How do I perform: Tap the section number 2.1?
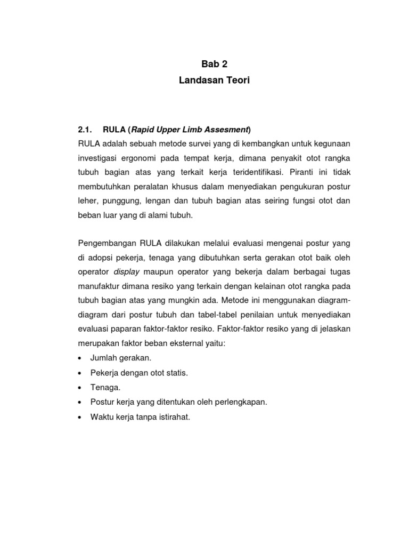[85, 130]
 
